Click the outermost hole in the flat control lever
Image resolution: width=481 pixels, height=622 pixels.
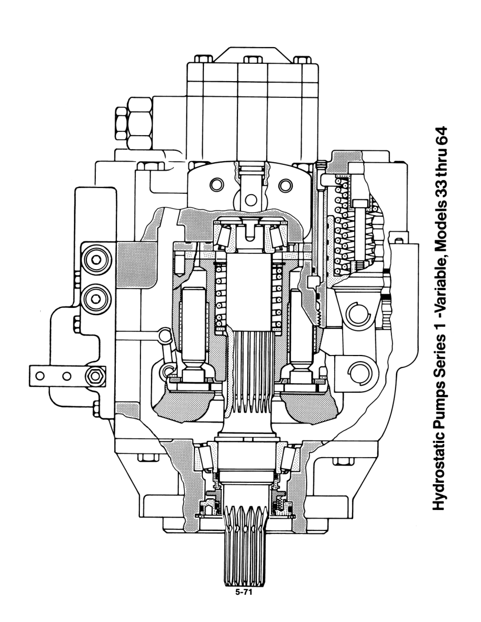coord(38,375)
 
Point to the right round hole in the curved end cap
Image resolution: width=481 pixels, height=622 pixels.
coord(286,185)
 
